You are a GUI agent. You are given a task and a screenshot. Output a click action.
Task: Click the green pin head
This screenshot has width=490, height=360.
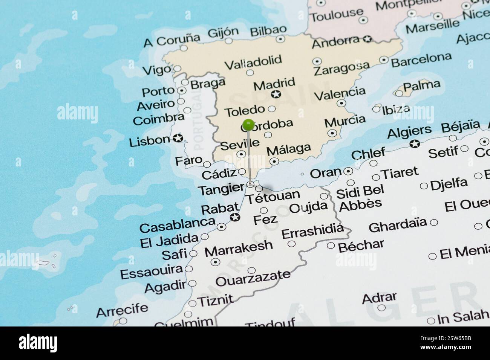coord(248,124)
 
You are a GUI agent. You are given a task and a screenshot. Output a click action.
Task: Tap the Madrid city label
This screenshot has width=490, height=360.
coord(274,84)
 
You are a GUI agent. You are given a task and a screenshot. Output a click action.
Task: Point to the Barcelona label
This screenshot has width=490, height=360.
coord(421,59)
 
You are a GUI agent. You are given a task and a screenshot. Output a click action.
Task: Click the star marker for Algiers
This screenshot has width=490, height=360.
coord(415,143)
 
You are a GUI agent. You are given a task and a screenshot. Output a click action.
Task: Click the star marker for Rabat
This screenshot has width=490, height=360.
coord(235,217)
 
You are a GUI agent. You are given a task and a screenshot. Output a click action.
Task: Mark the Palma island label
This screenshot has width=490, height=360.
coord(421,86)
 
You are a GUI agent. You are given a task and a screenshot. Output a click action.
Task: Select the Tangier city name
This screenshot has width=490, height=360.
coord(221,189)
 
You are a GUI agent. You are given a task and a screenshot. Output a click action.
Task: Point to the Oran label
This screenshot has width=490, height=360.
coord(325,173)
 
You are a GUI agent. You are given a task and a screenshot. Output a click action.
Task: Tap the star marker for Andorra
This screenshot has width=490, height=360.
coord(367,38)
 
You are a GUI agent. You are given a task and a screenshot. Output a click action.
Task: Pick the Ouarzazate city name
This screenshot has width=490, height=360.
coord(253,279)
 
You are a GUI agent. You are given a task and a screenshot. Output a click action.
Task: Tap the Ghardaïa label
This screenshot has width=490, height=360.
coord(398,225)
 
